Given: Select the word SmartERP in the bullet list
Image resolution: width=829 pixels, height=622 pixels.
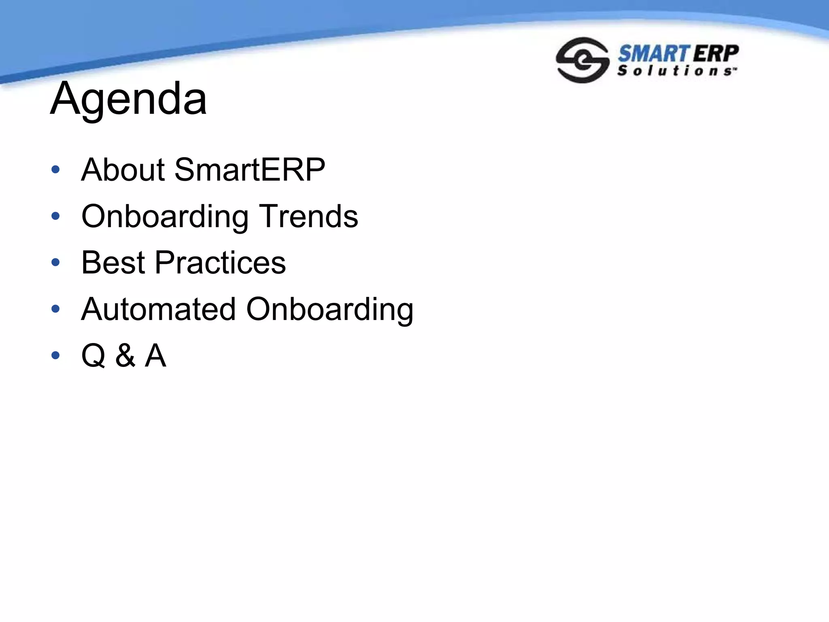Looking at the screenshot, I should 249,170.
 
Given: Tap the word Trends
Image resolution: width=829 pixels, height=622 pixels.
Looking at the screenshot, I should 308,216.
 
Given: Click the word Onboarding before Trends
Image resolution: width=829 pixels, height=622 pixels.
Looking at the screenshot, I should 165,217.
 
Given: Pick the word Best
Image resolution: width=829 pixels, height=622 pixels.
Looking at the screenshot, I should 113,263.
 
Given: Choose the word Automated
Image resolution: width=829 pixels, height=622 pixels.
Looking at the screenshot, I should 158,309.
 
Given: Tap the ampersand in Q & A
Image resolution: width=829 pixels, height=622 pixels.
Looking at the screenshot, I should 125,356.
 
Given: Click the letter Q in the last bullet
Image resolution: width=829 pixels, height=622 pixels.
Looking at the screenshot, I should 94,356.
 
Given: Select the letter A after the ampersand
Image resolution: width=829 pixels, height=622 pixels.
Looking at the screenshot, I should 155,356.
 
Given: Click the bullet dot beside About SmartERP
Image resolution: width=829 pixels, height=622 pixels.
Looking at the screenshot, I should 55,169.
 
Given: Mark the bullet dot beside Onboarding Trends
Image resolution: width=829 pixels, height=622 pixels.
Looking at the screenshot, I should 55,216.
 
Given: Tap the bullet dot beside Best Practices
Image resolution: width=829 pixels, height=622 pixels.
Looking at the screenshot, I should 55,262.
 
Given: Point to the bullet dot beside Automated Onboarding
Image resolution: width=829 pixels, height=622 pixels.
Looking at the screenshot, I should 55,309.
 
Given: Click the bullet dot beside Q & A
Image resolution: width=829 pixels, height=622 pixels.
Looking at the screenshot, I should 55,356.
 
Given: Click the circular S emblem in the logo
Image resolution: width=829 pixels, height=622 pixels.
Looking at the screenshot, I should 582,60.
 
